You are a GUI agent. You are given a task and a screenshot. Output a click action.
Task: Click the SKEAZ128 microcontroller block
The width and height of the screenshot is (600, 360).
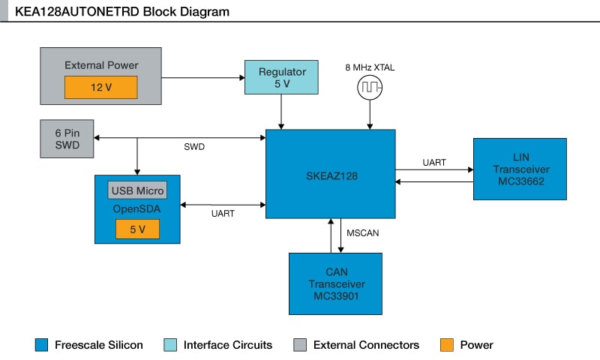(x=331, y=174)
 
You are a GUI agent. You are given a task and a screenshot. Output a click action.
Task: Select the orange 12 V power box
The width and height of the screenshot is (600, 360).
(x=100, y=87)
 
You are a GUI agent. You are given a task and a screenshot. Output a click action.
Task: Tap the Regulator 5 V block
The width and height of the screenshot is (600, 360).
(x=282, y=77)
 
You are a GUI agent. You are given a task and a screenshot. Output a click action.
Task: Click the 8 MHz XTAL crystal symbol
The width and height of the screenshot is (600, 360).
(x=369, y=88)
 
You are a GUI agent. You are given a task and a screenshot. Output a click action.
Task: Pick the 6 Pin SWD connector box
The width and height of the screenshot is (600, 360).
(x=67, y=139)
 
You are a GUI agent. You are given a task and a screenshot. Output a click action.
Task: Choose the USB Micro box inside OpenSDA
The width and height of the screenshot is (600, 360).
(x=137, y=190)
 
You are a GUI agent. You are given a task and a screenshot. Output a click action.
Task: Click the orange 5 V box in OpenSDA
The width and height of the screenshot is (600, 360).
(x=137, y=229)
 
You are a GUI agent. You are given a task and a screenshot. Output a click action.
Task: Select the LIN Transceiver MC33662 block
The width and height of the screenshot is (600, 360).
(x=520, y=169)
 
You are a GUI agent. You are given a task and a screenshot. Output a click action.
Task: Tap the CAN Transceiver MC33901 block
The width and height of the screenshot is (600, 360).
(x=335, y=283)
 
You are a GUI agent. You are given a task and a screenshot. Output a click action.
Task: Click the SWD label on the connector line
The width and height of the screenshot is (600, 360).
(x=194, y=147)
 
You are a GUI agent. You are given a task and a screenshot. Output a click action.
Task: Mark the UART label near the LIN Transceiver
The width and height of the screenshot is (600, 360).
(x=434, y=162)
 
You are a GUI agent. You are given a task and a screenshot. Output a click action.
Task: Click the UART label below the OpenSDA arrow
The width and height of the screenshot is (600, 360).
(x=223, y=214)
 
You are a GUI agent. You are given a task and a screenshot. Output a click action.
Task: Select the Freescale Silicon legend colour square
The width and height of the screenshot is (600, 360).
(x=41, y=345)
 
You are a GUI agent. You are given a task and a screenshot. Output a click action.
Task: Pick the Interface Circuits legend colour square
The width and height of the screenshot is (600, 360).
(x=170, y=345)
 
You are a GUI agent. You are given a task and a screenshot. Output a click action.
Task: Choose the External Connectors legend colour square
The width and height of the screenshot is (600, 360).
(x=300, y=345)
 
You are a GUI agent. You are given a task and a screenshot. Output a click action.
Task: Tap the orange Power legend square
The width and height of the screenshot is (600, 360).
(x=446, y=345)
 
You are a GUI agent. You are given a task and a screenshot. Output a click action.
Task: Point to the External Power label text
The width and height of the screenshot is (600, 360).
(x=101, y=65)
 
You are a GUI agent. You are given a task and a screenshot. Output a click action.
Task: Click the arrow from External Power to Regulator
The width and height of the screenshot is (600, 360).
(x=202, y=77)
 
